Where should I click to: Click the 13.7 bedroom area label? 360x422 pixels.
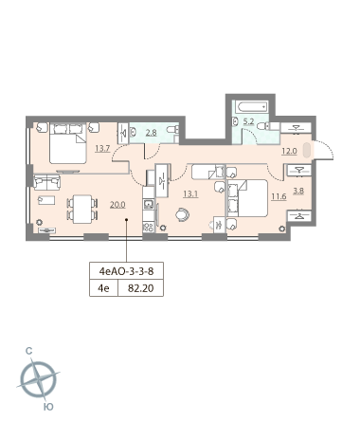[x=102, y=148]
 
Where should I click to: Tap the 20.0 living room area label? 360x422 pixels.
[x=117, y=205]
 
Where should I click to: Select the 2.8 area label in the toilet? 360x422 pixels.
[x=151, y=133]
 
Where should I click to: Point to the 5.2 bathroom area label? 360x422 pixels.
[x=249, y=121]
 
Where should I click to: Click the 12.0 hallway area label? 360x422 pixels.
[x=289, y=151]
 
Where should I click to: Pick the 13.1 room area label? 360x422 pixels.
[x=190, y=193]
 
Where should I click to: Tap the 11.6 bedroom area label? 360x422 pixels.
[x=279, y=196]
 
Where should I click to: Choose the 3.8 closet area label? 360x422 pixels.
[x=298, y=191]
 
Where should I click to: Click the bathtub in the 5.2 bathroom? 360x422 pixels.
[x=252, y=107]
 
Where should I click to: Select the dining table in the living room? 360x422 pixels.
[x=82, y=210]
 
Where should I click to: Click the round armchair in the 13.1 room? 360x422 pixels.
[x=183, y=214]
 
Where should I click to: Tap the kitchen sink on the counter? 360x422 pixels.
[x=149, y=205]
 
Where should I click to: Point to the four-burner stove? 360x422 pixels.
[x=149, y=228]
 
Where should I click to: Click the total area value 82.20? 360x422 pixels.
[x=141, y=288]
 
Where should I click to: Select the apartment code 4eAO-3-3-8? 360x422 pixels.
[x=126, y=271]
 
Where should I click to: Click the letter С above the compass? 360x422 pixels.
[x=29, y=351]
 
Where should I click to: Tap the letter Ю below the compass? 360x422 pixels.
[x=48, y=407]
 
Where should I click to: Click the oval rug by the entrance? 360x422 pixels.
[x=307, y=150]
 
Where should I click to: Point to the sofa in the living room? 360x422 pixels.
[x=46, y=182]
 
